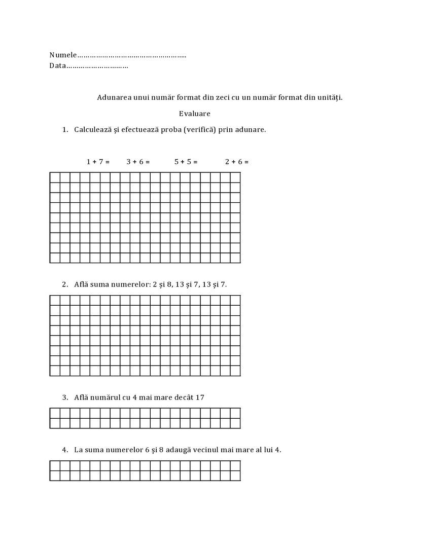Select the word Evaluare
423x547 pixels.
(194, 114)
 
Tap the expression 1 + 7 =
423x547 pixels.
(98, 162)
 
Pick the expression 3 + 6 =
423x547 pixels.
(138, 162)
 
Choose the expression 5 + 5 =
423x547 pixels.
(186, 162)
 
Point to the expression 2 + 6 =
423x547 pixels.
(237, 162)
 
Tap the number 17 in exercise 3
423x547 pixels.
(200, 397)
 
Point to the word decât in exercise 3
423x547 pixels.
(182, 397)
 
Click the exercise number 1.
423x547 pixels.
(64, 130)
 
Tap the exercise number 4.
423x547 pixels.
(64, 450)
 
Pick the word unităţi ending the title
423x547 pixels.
(330, 97)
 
